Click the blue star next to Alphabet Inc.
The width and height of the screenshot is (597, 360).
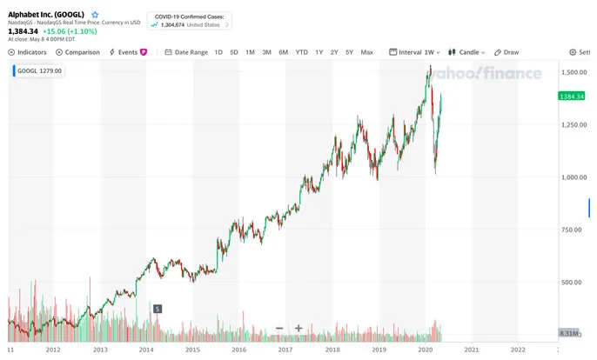click(95, 15)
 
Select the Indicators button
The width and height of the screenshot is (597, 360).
click(28, 52)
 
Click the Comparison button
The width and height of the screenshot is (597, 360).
click(77, 52)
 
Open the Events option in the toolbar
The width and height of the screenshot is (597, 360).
click(128, 52)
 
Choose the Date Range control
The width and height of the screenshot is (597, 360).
click(186, 52)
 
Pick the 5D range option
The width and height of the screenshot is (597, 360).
click(234, 52)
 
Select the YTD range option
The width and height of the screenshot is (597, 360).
click(301, 52)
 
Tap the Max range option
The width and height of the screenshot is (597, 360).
click(367, 52)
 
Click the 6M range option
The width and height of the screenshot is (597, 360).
click(284, 52)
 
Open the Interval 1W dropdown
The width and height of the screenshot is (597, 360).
click(414, 52)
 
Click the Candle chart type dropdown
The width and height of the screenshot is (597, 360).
click(466, 52)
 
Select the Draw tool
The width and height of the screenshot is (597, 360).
click(506, 52)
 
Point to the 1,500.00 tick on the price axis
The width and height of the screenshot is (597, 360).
click(574, 72)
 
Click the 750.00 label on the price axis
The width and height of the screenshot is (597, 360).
click(571, 230)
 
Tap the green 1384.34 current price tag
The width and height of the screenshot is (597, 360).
click(572, 97)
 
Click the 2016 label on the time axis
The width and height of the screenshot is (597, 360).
click(238, 350)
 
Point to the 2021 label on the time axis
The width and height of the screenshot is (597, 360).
click(472, 350)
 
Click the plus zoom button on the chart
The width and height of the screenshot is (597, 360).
click(298, 328)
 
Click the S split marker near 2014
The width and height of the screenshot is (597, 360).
click(158, 309)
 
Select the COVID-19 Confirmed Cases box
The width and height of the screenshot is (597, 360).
click(190, 21)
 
